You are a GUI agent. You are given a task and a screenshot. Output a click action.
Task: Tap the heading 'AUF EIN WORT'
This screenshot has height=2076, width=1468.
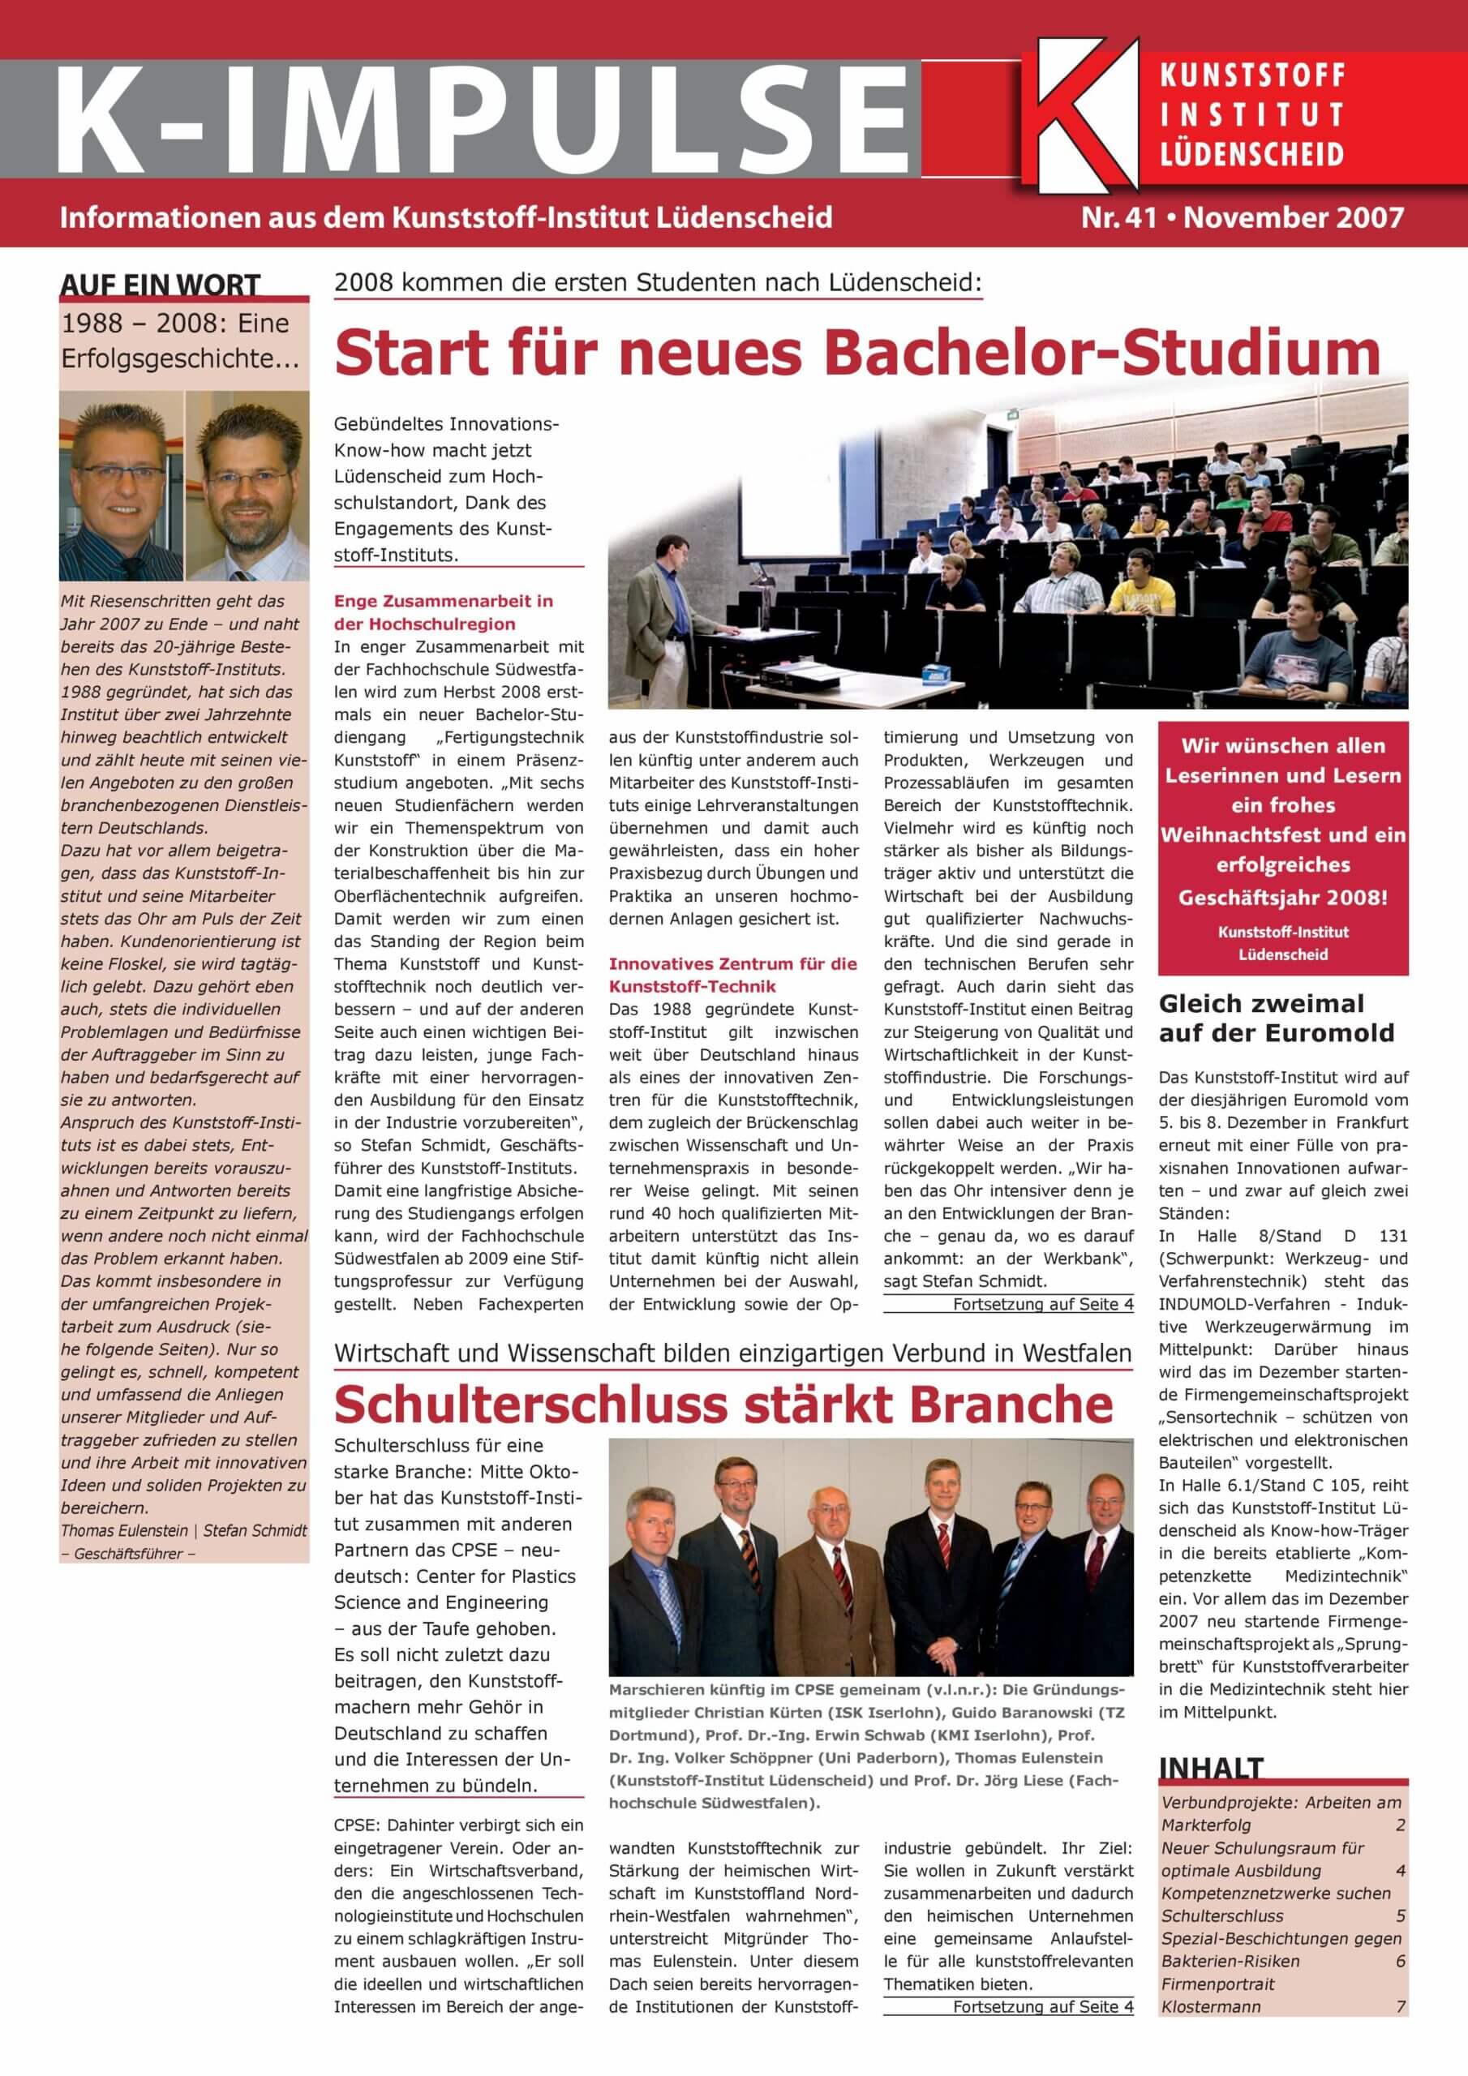point(160,285)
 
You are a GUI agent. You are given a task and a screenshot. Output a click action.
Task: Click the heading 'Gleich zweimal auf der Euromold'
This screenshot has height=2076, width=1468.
point(1275,1018)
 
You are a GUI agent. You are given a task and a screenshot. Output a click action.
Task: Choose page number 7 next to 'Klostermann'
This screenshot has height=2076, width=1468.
point(1400,2006)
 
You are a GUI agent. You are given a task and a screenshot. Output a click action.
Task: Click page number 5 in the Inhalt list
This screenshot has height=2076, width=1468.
point(1400,1915)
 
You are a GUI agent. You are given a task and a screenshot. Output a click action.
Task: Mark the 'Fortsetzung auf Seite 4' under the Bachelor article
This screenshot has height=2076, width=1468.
point(1042,1304)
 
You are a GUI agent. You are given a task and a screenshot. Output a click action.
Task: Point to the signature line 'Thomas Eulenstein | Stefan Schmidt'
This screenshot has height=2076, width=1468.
point(183,1531)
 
